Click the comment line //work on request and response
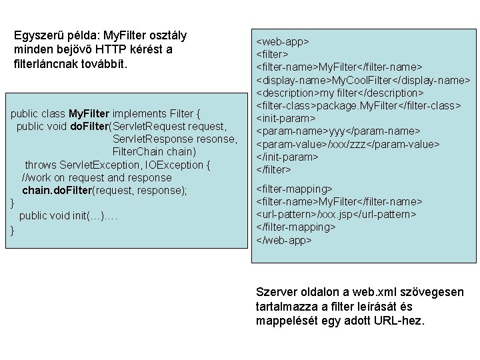click(x=97, y=177)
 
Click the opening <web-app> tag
click(x=283, y=41)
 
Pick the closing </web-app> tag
click(x=284, y=239)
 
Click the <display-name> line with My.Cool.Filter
click(x=363, y=80)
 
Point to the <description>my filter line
click(x=340, y=93)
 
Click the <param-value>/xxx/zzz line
click(x=348, y=144)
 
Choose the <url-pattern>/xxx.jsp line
click(x=337, y=214)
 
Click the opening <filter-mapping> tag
click(x=294, y=189)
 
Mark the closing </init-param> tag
click(x=287, y=157)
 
